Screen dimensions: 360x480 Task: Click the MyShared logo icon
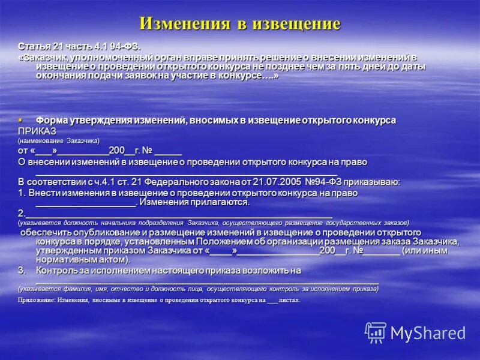coord(376,332)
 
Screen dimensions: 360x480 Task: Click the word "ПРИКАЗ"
coord(37,130)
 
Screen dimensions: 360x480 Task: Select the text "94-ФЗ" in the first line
coord(129,46)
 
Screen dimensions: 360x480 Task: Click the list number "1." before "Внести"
coord(22,193)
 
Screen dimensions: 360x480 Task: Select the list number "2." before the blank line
coord(22,213)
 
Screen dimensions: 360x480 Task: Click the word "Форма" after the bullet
coord(50,120)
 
